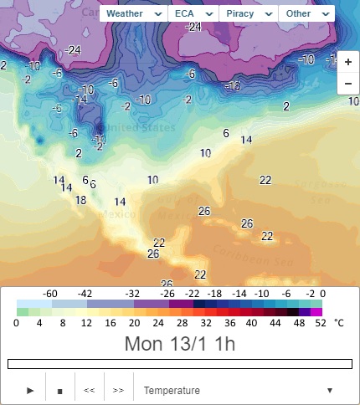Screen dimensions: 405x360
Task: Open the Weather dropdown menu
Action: pos(134,14)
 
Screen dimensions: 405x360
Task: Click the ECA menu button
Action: pos(193,14)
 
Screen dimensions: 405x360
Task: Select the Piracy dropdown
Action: pos(249,14)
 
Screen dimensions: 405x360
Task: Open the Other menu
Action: pos(306,14)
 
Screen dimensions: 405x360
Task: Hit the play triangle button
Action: pos(30,390)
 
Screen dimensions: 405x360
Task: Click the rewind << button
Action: pos(89,390)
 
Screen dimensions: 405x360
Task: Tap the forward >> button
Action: pos(118,390)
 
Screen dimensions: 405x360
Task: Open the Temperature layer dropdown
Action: pos(239,390)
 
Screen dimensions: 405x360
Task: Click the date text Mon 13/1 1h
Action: pos(179,343)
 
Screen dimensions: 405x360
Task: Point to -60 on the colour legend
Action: pos(50,294)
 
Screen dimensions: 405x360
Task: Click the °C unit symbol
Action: pos(339,322)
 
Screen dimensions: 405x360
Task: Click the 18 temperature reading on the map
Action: pos(80,201)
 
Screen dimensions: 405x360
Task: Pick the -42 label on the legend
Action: pos(85,294)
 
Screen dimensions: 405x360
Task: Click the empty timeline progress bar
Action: pos(179,364)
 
